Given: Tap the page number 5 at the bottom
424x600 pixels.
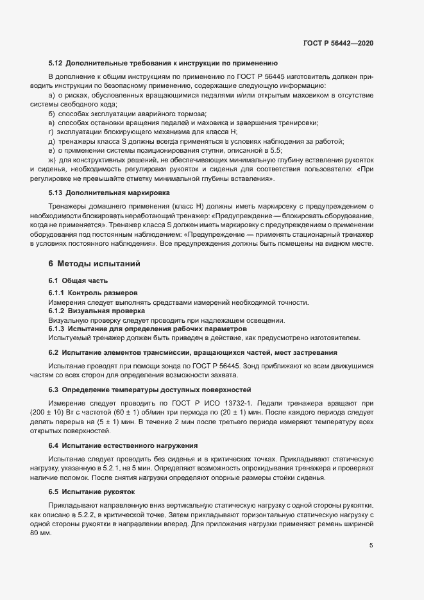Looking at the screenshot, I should [x=371, y=545].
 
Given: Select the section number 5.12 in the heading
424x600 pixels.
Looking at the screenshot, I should [x=55, y=64].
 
